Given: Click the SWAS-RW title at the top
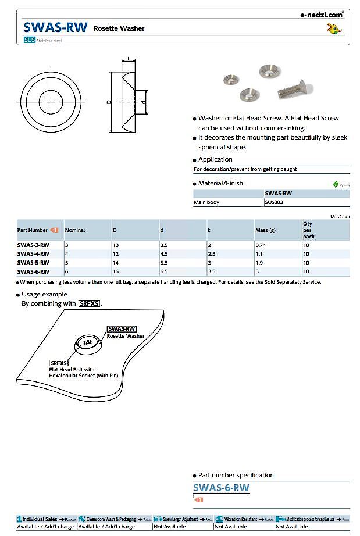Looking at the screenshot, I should [x=55, y=27].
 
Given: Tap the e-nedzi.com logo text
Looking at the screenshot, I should [x=322, y=15].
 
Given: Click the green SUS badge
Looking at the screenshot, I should [x=29, y=40].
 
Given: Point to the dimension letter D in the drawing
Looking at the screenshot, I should [x=108, y=102].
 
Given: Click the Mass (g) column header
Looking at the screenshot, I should [x=266, y=230].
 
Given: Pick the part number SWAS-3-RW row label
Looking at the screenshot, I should [x=33, y=245].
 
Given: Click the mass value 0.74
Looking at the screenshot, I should [x=261, y=245].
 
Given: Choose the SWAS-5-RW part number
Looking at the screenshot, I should [x=33, y=263].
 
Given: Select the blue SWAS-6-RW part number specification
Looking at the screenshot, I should [x=221, y=488].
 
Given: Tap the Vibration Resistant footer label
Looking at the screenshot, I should [x=238, y=519].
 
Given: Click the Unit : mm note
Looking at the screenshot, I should [x=340, y=216].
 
